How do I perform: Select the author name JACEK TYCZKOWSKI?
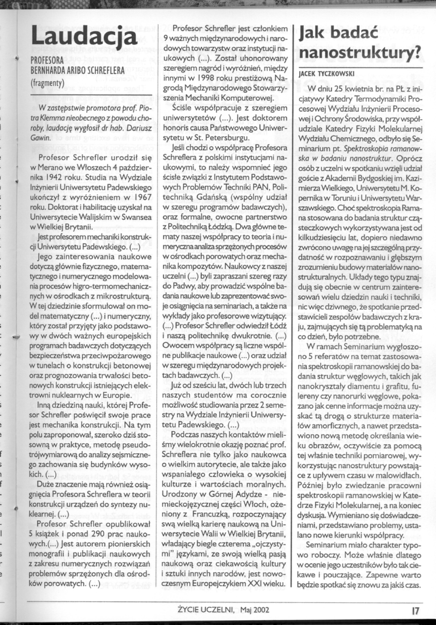click(326, 74)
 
